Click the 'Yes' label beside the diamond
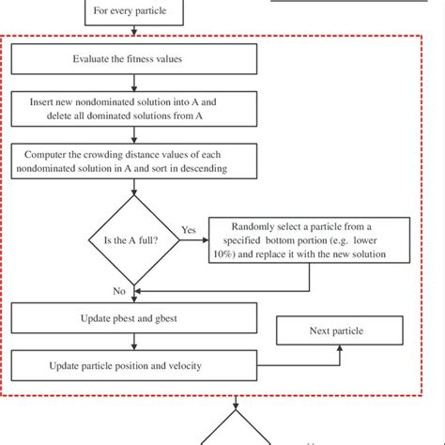187,228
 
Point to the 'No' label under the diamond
119,291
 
